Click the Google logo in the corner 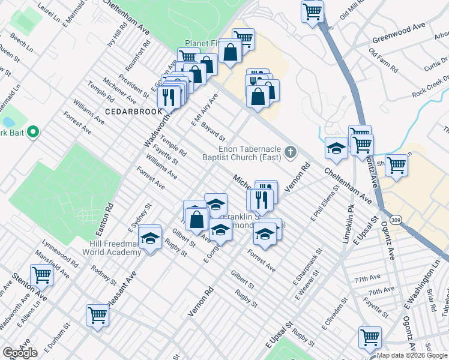coord(20,353)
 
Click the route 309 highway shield coord(394,221)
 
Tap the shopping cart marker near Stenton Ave coord(41,275)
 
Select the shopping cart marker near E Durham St coord(97,314)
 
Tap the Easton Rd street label coord(109,212)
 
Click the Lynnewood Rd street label coord(59,254)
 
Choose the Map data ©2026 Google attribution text coord(412,355)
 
